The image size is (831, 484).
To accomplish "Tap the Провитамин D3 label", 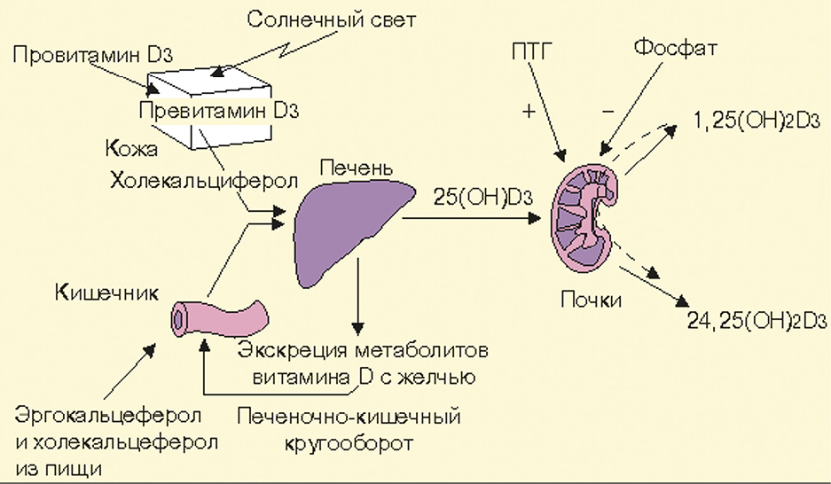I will (x=93, y=56).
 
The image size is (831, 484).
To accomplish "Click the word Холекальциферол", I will (x=203, y=181).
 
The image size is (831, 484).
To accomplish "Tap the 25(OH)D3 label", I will (x=482, y=198).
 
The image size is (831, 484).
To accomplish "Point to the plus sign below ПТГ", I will (x=529, y=112).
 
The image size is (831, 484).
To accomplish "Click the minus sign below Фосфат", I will (x=608, y=112).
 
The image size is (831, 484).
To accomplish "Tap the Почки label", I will (x=592, y=300).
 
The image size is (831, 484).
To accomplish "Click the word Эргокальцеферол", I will (x=111, y=415).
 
